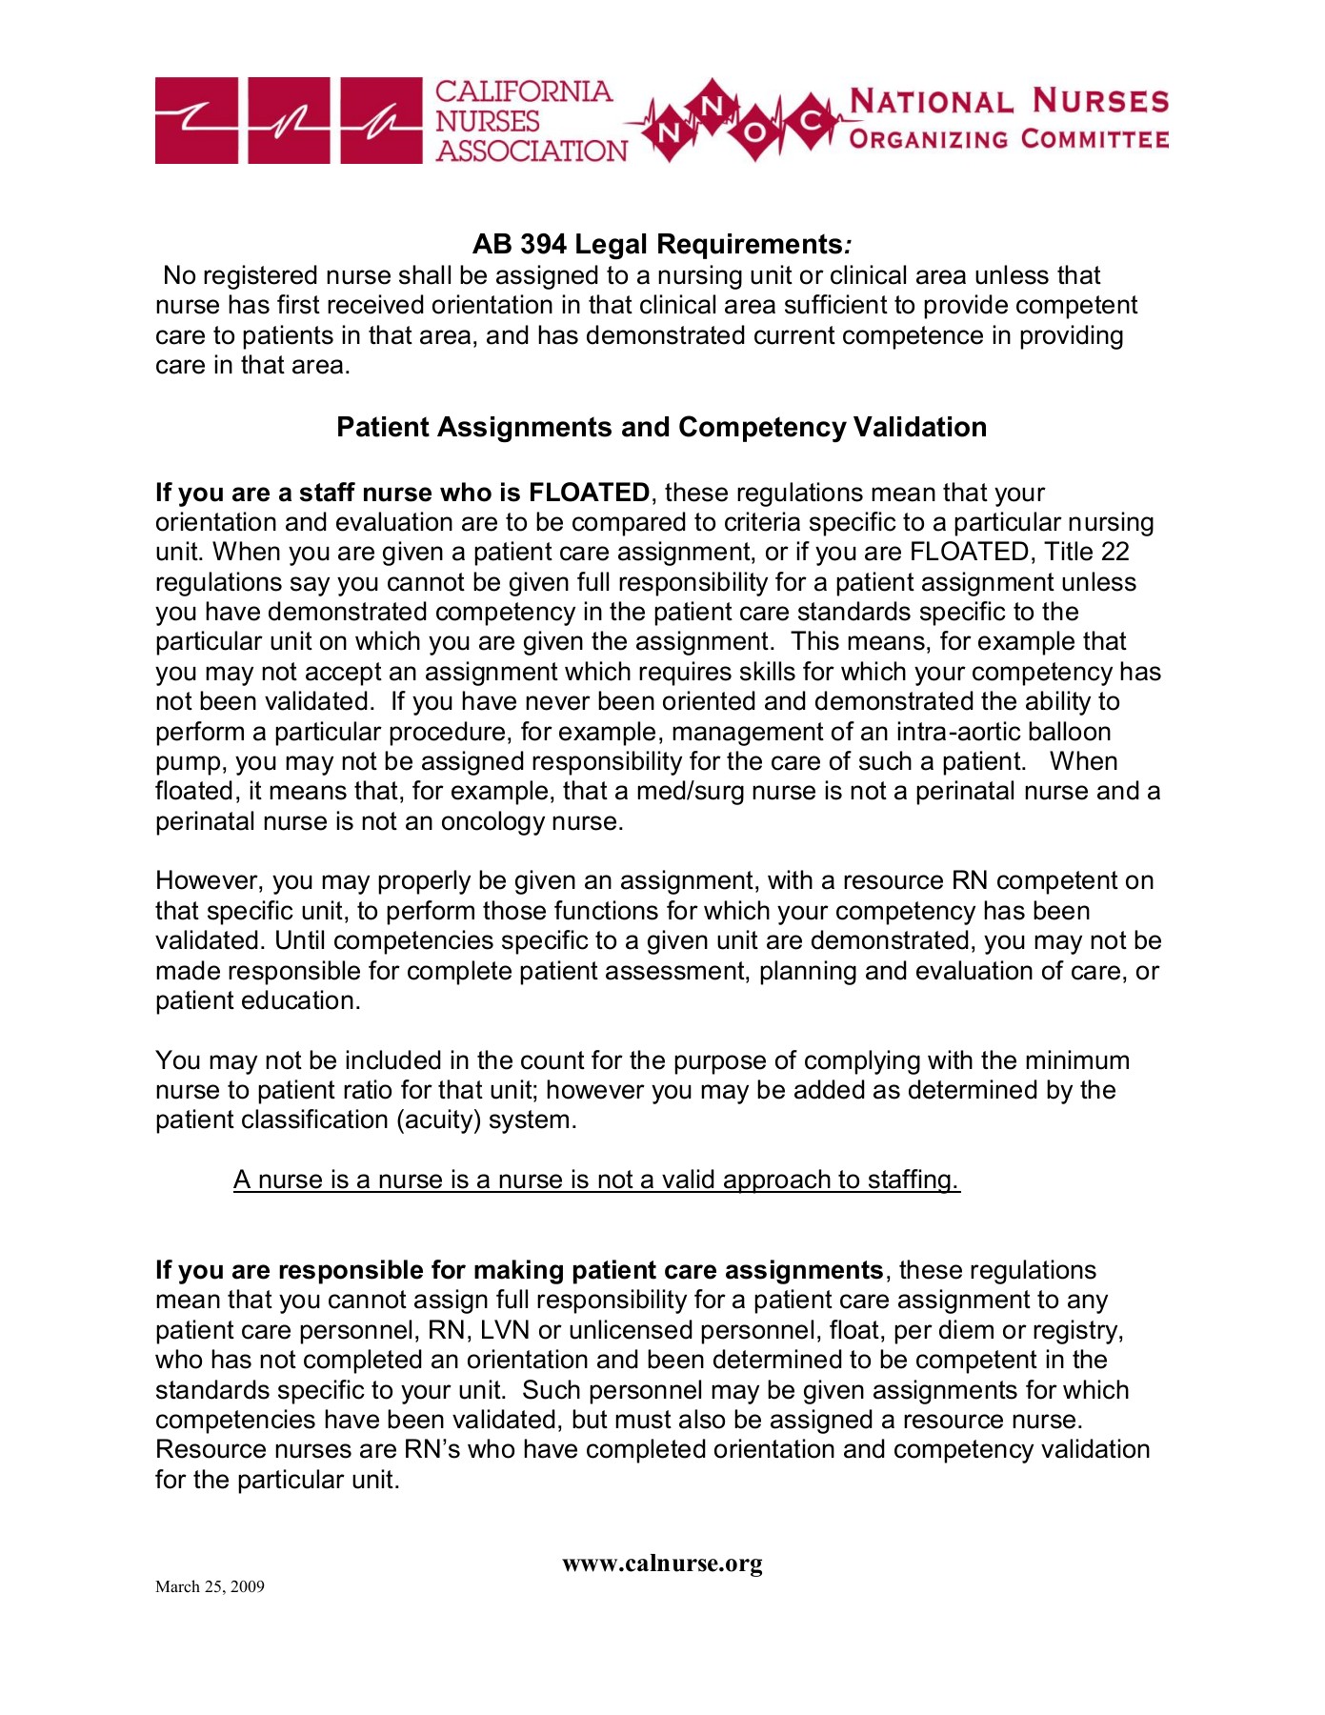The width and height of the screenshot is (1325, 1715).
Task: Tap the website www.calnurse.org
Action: tap(662, 1564)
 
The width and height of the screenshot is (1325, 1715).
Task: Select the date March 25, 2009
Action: tap(210, 1586)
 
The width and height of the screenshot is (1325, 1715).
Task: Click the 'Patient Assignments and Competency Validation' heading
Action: tap(661, 427)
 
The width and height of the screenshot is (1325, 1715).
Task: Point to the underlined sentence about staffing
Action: tap(596, 1180)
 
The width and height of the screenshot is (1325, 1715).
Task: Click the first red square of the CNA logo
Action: tap(196, 121)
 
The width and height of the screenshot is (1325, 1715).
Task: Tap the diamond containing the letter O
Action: tap(754, 131)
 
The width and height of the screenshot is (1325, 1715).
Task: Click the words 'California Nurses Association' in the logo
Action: tap(530, 121)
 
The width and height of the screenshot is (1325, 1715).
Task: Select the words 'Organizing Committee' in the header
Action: tap(1009, 139)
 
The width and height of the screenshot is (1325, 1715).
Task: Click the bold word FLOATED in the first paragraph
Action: tap(589, 493)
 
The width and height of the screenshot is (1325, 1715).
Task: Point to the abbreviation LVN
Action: tap(505, 1330)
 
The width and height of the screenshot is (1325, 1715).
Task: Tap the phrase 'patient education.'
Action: tap(257, 1001)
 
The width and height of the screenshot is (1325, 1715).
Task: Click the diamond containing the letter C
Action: tap(811, 121)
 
